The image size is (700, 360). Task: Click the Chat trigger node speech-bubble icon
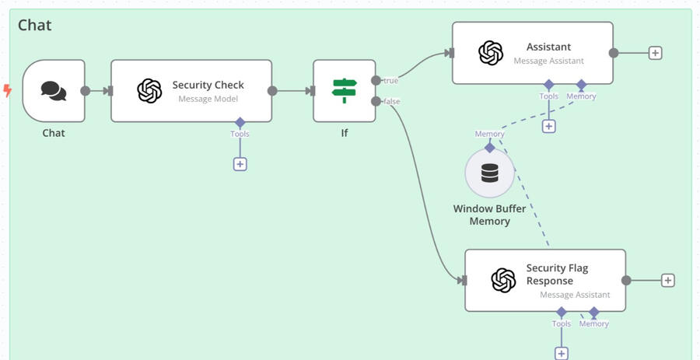pyautogui.click(x=54, y=91)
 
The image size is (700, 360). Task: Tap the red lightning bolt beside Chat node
pyautogui.click(x=8, y=91)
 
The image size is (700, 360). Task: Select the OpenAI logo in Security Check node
pyautogui.click(x=149, y=91)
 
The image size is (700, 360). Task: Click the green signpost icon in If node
pyautogui.click(x=344, y=90)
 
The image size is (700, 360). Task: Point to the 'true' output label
pyautogui.click(x=390, y=81)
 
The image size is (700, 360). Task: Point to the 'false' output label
pyautogui.click(x=391, y=102)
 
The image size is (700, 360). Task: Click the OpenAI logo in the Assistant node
pyautogui.click(x=491, y=53)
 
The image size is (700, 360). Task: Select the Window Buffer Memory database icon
pyautogui.click(x=489, y=173)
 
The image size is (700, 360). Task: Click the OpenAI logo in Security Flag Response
pyautogui.click(x=504, y=280)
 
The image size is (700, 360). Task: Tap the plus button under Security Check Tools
pyautogui.click(x=240, y=164)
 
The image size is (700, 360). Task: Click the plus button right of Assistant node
pyautogui.click(x=656, y=53)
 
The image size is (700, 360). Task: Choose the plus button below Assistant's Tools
pyautogui.click(x=549, y=126)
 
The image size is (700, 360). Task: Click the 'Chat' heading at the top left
pyautogui.click(x=35, y=25)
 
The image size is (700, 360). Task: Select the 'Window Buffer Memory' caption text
pyautogui.click(x=489, y=215)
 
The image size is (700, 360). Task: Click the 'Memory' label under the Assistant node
pyautogui.click(x=581, y=96)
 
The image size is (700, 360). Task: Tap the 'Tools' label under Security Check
pyautogui.click(x=240, y=134)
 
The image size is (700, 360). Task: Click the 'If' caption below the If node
pyautogui.click(x=345, y=133)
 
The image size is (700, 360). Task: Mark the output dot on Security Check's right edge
pyautogui.click(x=272, y=91)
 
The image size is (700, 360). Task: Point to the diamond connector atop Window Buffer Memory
pyautogui.click(x=489, y=147)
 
